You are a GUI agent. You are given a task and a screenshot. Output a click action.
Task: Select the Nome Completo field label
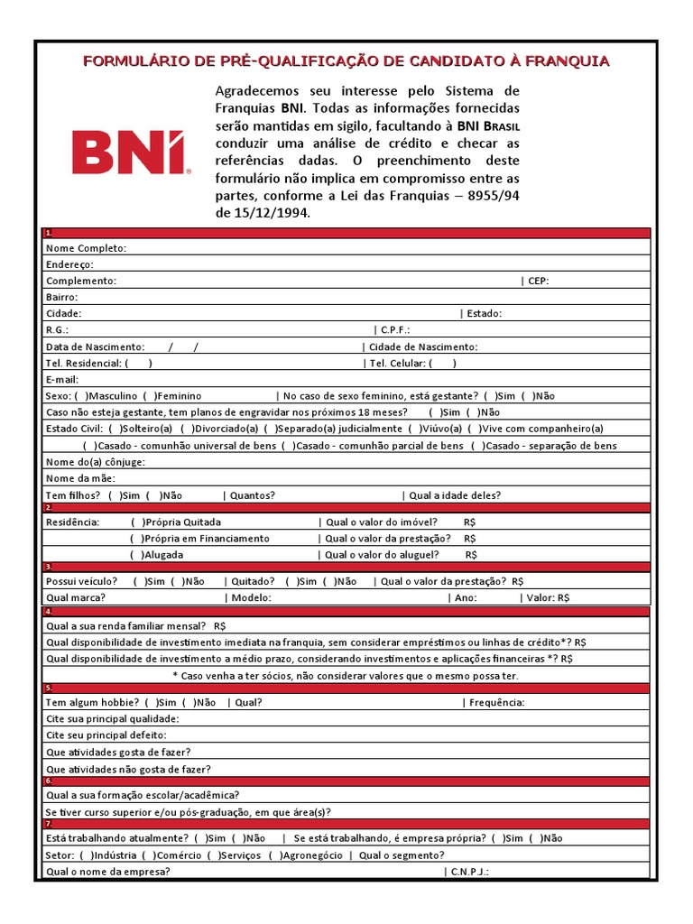[x=86, y=248]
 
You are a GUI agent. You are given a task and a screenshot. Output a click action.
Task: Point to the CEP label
[x=538, y=281]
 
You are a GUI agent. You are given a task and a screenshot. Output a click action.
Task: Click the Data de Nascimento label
[x=95, y=346]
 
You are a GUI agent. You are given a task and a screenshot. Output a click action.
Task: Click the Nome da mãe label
[x=80, y=478]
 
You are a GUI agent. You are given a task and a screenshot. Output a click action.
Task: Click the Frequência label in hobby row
[x=496, y=702]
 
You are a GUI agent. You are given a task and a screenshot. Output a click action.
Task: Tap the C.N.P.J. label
[x=470, y=872]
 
